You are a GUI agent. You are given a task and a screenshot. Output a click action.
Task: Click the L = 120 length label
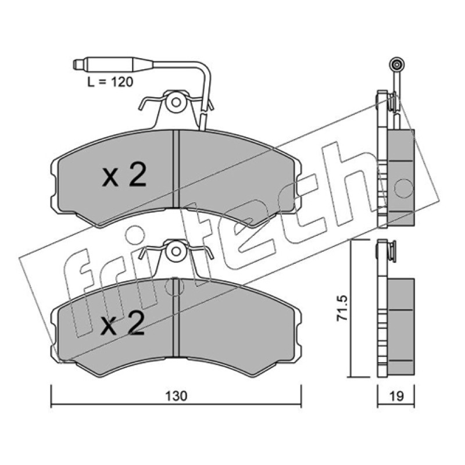point(110,82)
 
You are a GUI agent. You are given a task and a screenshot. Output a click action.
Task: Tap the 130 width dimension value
point(176,396)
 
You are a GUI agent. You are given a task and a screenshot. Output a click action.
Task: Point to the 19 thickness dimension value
point(396,396)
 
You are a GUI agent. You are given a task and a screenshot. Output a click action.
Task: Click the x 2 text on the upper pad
point(124,175)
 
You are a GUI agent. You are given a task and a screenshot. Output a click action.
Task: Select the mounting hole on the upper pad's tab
point(176,103)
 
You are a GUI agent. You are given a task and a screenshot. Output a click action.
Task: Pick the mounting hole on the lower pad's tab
point(176,252)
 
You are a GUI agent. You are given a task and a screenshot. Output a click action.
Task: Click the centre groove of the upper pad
point(176,169)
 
